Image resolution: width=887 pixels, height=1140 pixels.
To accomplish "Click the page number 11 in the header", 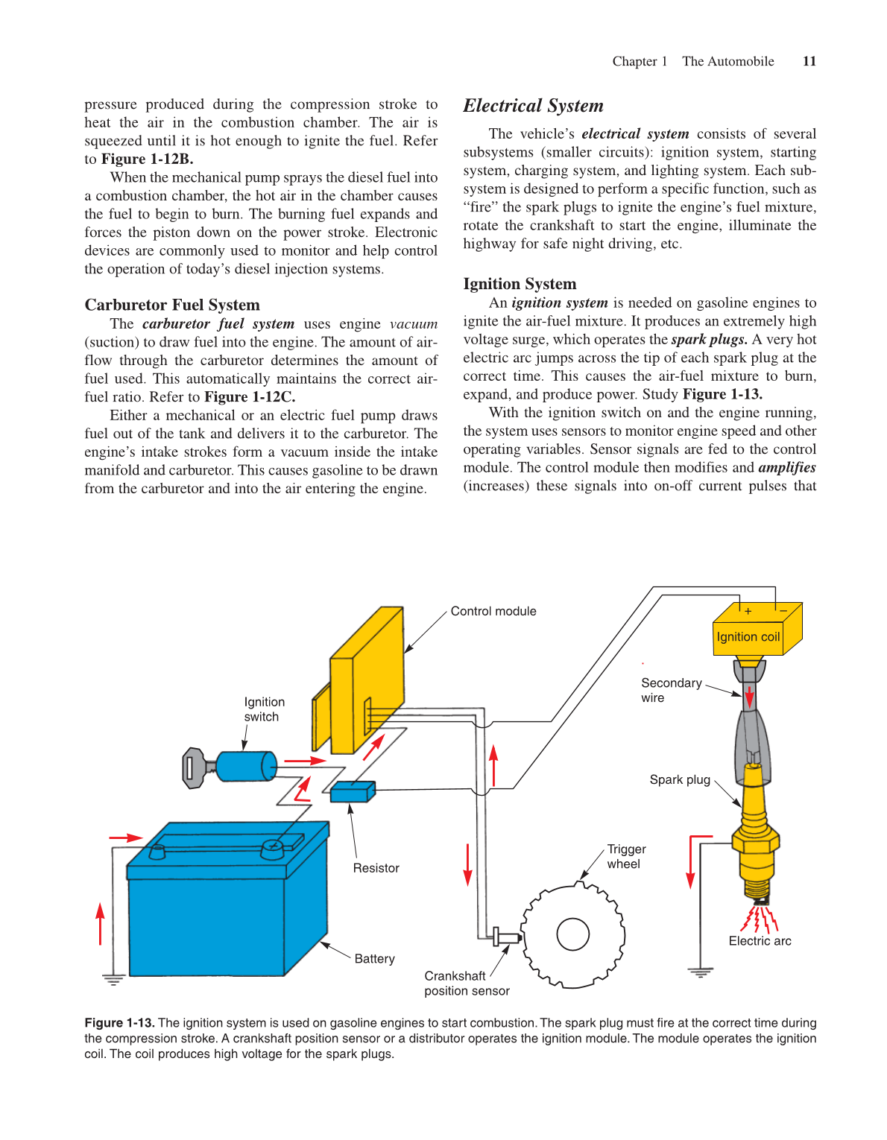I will click(809, 62).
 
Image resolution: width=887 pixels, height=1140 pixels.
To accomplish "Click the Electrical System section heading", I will click(533, 106).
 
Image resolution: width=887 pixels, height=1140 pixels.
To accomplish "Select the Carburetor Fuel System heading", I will click(172, 305).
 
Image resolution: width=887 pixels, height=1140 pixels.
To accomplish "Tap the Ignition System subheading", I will click(520, 284).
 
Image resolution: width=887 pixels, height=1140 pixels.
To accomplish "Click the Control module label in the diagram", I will click(493, 611).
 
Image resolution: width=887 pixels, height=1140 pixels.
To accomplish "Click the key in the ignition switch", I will click(195, 767).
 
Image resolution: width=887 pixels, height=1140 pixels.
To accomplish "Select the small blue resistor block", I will click(352, 791).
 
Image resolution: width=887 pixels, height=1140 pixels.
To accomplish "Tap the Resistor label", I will click(376, 868).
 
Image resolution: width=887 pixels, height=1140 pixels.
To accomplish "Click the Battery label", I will click(374, 959).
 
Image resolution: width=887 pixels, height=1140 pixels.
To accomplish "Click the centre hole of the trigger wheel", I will click(573, 934).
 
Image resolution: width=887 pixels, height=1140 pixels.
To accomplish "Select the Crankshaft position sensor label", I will click(467, 984).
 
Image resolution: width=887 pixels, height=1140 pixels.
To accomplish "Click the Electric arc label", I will click(760, 941).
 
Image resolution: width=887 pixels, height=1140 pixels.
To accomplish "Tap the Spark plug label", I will click(680, 779).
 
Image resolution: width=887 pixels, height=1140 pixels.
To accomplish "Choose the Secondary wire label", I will click(671, 690).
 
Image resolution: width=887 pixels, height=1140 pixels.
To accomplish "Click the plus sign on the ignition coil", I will click(748, 611).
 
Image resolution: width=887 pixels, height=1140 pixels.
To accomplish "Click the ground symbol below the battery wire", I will click(113, 980).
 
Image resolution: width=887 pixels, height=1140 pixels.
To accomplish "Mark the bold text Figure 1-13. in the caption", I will click(119, 1023).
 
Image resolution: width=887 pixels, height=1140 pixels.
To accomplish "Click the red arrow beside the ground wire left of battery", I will click(101, 924).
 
